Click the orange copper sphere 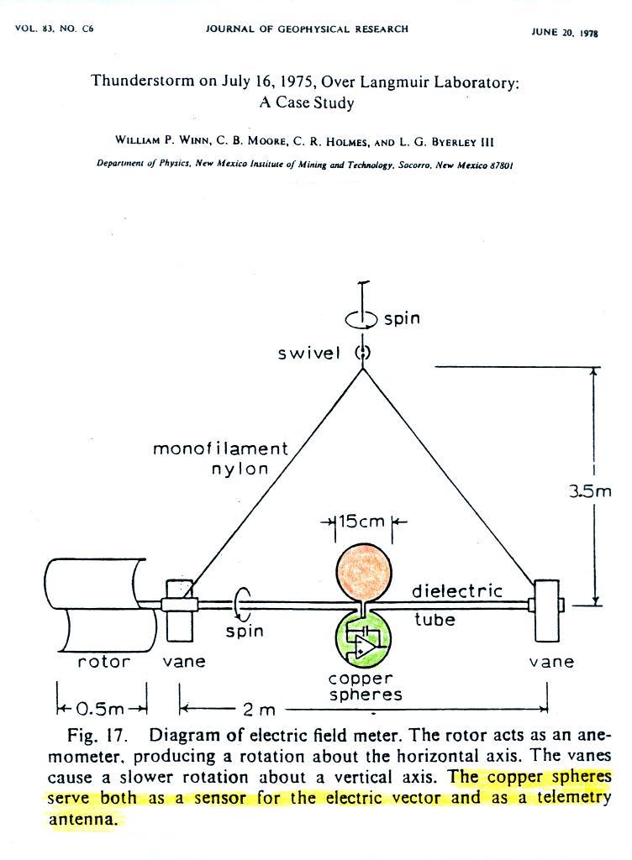[363, 572]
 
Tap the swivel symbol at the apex [362, 353]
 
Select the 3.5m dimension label [589, 490]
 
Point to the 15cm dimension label [361, 521]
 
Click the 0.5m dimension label [100, 709]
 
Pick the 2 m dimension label [259, 710]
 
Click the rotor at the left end [94, 605]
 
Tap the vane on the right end [547, 610]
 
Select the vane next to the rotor [179, 610]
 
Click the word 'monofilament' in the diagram [220, 448]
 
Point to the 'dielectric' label [457, 590]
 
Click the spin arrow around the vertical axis [361, 318]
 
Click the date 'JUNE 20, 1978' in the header [565, 33]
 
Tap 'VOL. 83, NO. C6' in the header [55, 29]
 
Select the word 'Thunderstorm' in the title [143, 81]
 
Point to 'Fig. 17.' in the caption [97, 736]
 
